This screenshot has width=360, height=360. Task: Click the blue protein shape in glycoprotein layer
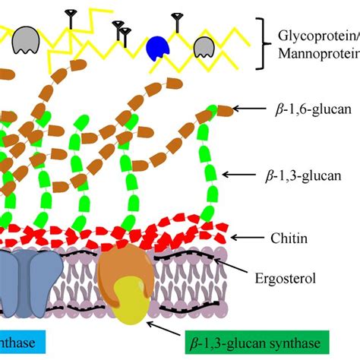coord(158,47)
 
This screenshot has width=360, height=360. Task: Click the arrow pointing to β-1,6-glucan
coord(248,109)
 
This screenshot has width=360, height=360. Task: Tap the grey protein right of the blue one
coord(203,48)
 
